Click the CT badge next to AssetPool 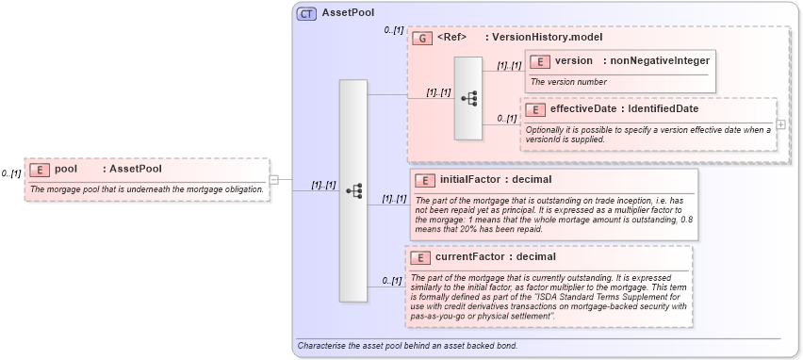coord(307,13)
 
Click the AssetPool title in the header coord(348,13)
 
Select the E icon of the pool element coord(40,170)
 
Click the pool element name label coord(66,170)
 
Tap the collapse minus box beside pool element coord(273,178)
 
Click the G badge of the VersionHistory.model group coord(423,38)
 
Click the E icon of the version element coord(540,61)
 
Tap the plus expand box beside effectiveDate coord(781,124)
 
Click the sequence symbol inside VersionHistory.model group coord(468,98)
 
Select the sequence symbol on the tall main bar coord(353,190)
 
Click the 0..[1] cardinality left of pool coord(11,173)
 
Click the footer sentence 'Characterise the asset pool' coord(407,346)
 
